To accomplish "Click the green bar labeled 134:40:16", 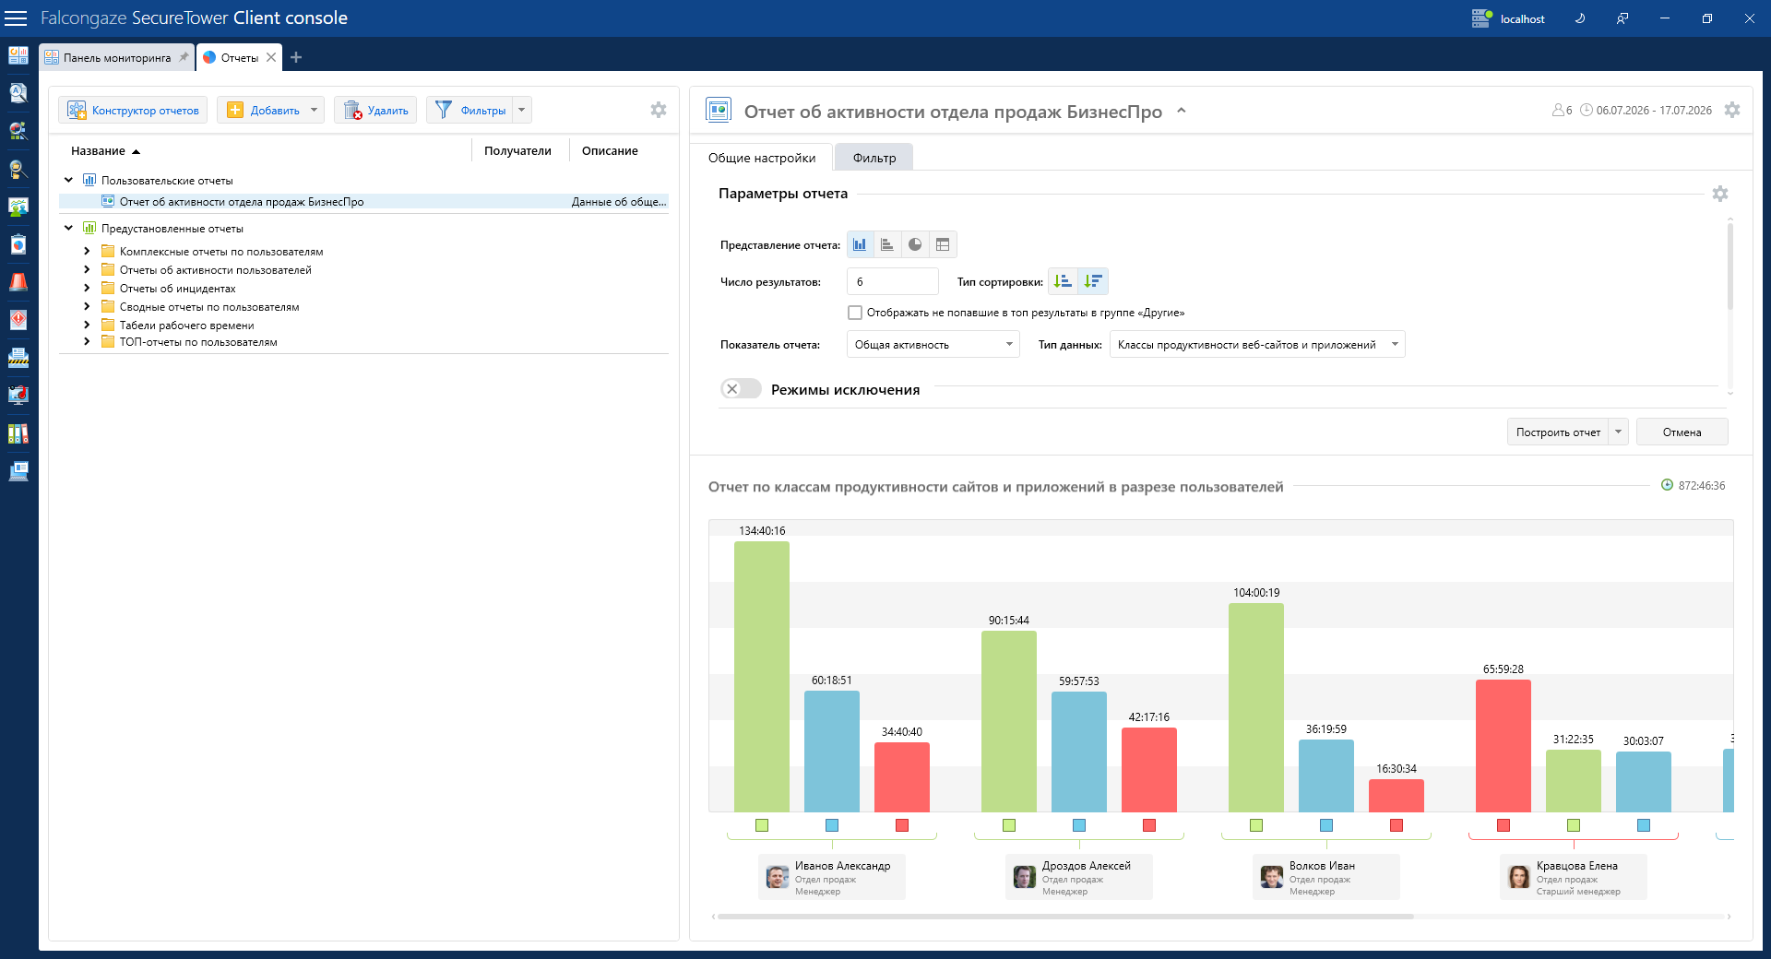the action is tap(762, 677).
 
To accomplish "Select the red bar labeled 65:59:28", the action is tap(1504, 746).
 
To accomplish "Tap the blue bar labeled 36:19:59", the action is tap(1326, 775).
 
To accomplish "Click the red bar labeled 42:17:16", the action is tap(1149, 770).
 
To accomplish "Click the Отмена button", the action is tap(1682, 432).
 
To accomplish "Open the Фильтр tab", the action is tap(874, 158).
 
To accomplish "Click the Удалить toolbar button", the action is tap(375, 111).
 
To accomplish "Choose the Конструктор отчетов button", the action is tap(133, 111).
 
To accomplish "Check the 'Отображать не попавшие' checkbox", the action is tap(855, 313).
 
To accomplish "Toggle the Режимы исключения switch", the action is tap(741, 389).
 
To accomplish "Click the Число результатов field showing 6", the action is tap(892, 281).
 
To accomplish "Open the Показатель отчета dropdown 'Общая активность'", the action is tap(933, 345).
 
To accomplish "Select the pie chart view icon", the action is tap(915, 244).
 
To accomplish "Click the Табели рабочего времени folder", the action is tap(186, 326).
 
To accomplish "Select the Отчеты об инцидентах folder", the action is tap(177, 289).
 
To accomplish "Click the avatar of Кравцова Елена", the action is tap(1518, 877).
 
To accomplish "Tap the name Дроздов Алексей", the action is tap(1086, 866).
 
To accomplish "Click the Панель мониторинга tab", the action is tap(116, 57).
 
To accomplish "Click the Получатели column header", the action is tap(517, 151).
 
